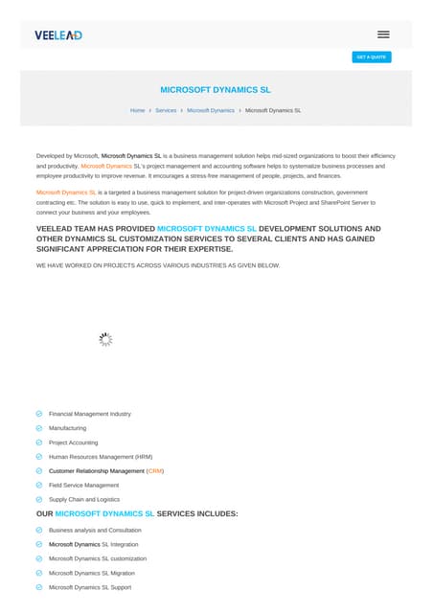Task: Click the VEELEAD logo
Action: point(58,34)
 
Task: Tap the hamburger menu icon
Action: point(383,34)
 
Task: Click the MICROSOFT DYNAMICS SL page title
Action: point(216,89)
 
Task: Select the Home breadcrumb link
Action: point(137,110)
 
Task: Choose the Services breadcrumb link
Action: point(166,110)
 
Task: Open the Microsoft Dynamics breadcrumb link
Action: point(210,110)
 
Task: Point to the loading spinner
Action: point(105,339)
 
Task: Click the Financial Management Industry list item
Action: point(89,414)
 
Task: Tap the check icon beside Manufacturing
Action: point(38,428)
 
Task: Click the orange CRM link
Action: point(155,471)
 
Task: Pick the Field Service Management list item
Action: point(83,485)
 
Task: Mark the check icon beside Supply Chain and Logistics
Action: point(38,499)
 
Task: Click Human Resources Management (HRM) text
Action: point(100,457)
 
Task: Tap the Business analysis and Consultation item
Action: point(95,530)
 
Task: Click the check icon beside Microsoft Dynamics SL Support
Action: point(38,587)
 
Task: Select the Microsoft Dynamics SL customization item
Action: point(98,558)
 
